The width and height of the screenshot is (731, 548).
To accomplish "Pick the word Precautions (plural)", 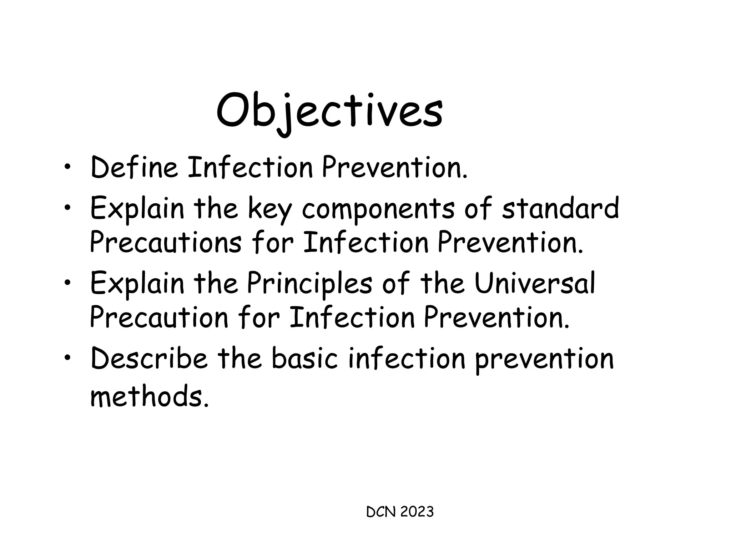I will point(165,243).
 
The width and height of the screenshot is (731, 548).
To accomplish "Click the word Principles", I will point(309,284).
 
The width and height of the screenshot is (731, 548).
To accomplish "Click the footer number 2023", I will point(417,512).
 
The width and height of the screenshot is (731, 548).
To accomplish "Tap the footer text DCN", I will point(381,512).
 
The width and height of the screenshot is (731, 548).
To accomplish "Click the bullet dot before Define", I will point(67,167).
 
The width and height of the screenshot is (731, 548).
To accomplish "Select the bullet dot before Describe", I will point(67,359).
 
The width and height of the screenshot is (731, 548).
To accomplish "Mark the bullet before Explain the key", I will point(67,208).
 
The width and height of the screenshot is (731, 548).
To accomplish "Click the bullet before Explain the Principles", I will point(67,284).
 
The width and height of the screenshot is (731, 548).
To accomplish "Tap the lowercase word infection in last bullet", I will point(407,358).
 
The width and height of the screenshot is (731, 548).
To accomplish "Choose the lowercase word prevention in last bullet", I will point(544,359).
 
